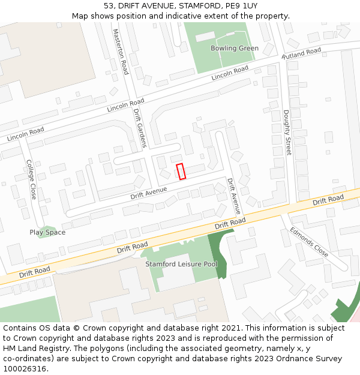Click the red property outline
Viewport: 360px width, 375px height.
click(181, 171)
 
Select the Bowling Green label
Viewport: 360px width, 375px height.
click(234, 48)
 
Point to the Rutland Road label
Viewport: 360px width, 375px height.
click(301, 53)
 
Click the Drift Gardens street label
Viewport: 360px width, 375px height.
click(140, 128)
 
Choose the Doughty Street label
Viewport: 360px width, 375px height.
click(287, 133)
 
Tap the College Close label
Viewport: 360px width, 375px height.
click(31, 179)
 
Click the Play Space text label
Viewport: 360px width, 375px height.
click(47, 232)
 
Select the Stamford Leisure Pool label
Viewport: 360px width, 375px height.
click(181, 264)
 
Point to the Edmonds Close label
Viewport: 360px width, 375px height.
click(309, 241)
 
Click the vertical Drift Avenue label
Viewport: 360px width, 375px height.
click(233, 196)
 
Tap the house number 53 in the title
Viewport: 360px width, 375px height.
click(108, 5)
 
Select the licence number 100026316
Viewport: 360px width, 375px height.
click(25, 368)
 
